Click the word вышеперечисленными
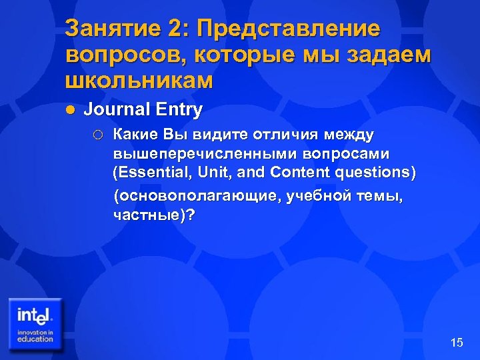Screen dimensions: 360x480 [x=195, y=153]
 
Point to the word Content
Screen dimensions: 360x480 [x=297, y=173]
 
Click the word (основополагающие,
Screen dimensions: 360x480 [x=197, y=197]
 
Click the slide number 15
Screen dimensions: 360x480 [x=457, y=343]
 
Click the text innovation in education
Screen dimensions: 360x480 [x=35, y=336]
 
